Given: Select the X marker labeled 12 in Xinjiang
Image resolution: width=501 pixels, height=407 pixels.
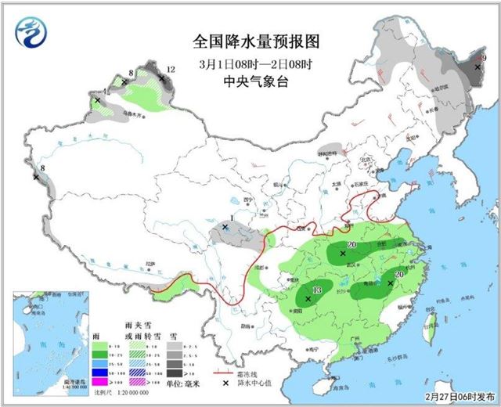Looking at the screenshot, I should click(x=161, y=78).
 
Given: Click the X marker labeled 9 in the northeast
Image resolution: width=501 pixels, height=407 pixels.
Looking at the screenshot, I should click(x=476, y=68).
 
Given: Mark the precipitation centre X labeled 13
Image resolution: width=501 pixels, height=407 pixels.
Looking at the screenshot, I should click(x=308, y=298).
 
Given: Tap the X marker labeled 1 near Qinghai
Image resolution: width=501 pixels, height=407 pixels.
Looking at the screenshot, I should click(x=225, y=228).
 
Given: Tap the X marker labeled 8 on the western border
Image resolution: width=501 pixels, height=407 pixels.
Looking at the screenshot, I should click(x=36, y=177).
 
